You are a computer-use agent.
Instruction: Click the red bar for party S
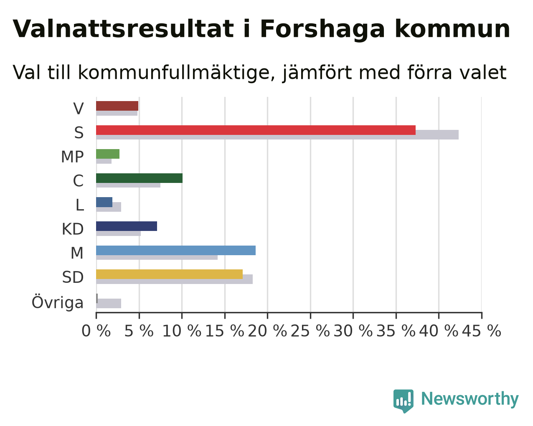[x=256, y=130]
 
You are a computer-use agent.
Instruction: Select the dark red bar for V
[x=117, y=106]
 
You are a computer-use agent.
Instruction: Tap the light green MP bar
[x=108, y=154]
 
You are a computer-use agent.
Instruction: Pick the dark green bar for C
[x=139, y=178]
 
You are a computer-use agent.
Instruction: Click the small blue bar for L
[x=104, y=202]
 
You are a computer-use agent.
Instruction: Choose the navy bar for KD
[x=127, y=226]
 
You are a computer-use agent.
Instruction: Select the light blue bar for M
[x=176, y=251]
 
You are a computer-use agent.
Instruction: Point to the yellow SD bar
[x=170, y=274]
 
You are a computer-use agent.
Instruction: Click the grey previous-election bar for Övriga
[x=109, y=303]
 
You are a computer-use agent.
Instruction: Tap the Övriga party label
[x=58, y=302]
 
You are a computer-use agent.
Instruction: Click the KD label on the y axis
[x=73, y=229]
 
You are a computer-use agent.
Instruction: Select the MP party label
[x=72, y=157]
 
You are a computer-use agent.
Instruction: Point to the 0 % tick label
[x=96, y=331]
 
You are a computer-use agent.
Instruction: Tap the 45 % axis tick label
[x=482, y=331]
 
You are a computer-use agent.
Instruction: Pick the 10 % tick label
[x=182, y=331]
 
